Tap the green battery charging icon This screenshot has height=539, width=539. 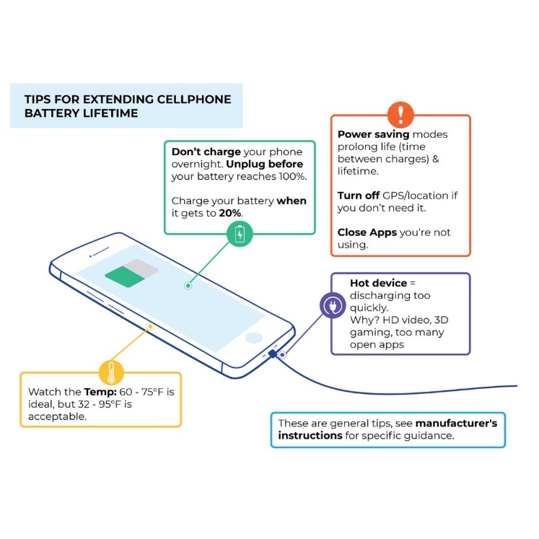click(x=240, y=233)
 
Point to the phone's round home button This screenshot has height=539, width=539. click(x=253, y=337)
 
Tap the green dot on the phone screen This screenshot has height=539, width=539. click(x=188, y=286)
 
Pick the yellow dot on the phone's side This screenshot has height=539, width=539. click(x=150, y=326)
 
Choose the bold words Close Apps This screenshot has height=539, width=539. click(x=367, y=233)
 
